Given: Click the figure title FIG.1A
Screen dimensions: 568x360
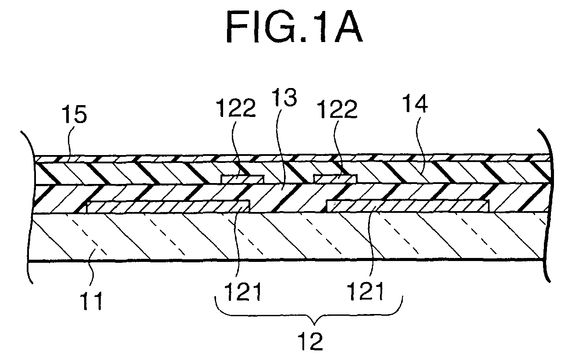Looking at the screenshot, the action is point(294,27).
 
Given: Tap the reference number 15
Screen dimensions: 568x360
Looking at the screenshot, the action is point(75,114).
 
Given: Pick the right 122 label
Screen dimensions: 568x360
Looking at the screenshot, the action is point(337,109).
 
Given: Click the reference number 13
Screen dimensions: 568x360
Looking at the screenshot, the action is point(284,98).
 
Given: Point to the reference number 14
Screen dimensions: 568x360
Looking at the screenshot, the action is point(415,103).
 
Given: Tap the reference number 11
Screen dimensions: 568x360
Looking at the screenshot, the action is point(91,301).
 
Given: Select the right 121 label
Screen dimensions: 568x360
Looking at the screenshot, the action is point(366,291).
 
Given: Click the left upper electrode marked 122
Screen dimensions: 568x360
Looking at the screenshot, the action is point(243,179).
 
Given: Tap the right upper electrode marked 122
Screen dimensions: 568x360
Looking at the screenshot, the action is point(335,178).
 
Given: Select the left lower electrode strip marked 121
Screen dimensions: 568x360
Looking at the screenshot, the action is point(168,207).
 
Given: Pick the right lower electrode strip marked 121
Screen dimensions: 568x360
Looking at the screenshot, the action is point(408,206).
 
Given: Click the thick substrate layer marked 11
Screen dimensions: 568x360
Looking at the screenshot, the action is point(287,236).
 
